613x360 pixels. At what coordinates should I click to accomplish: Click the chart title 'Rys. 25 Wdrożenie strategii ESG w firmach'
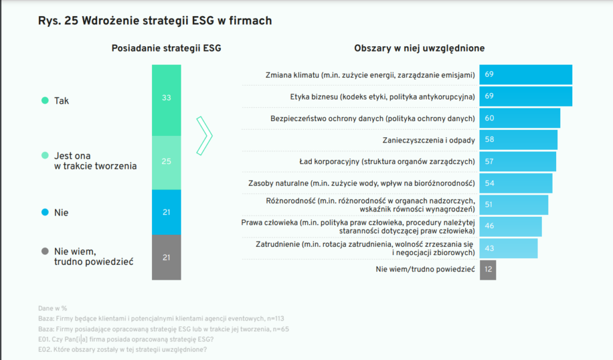tap(155, 21)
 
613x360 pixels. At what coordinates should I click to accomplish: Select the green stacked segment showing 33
tap(166, 99)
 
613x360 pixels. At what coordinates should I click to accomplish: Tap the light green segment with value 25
tap(166, 162)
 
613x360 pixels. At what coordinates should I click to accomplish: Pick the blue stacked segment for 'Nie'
tap(166, 212)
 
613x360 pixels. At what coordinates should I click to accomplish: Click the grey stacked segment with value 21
tap(166, 257)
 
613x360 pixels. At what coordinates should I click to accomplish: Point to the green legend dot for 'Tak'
tap(44, 101)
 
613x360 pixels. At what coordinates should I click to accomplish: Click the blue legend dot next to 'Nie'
tap(44, 213)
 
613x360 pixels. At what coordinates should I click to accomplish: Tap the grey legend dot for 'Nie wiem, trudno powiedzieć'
tap(44, 252)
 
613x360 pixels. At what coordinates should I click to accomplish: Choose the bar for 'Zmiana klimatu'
tap(526, 75)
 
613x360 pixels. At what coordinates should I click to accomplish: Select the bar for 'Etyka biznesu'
tap(526, 96)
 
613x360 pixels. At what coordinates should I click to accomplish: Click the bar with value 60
tap(520, 118)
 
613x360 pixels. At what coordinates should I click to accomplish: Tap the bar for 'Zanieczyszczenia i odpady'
tap(518, 140)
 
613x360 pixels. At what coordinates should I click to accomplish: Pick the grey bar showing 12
tap(488, 270)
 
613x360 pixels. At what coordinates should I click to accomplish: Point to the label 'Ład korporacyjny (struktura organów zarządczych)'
tap(387, 161)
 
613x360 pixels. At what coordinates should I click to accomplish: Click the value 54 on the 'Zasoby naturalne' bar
tap(489, 183)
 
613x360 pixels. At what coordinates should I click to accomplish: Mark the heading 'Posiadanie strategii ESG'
tap(166, 48)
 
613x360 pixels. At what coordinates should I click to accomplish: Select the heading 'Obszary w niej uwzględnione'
tap(419, 48)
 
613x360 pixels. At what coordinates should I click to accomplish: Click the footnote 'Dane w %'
tap(53, 308)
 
